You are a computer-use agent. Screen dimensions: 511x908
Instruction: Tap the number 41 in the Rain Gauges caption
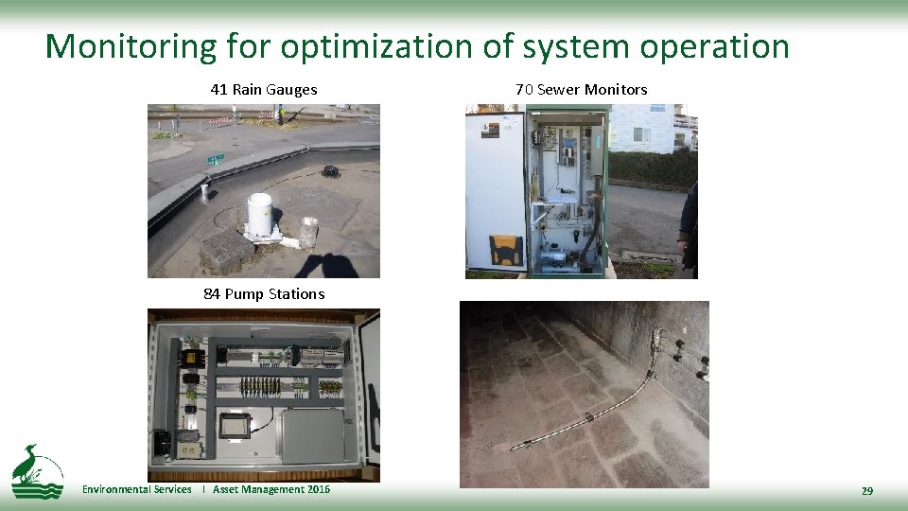point(218,90)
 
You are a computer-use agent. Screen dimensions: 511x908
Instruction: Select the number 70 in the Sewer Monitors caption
point(524,90)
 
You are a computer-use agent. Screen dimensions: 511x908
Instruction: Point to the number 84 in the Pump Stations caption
point(212,294)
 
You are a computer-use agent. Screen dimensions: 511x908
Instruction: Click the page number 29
point(866,491)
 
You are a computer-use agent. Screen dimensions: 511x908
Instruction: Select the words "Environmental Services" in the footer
point(136,489)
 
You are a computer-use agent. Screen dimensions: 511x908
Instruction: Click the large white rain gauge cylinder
point(260,214)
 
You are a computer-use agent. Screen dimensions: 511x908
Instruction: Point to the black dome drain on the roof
point(331,172)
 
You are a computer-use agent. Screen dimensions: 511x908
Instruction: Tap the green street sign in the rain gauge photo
point(216,158)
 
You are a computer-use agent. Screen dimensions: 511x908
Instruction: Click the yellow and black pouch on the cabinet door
point(505,250)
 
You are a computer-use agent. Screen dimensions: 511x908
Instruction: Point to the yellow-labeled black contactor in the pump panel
point(193,358)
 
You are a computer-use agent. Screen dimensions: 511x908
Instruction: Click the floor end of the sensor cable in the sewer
point(516,446)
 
